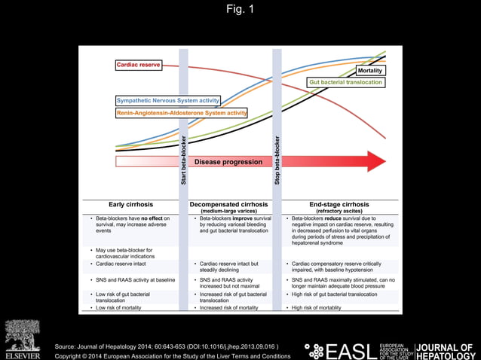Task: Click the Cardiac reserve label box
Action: tap(139, 66)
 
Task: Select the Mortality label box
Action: tap(369, 70)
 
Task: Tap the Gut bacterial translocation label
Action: tap(345, 81)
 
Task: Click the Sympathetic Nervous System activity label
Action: tap(168, 100)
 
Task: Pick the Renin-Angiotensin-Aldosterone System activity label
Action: tap(182, 112)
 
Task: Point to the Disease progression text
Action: tap(228, 161)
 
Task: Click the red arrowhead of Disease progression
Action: tap(375, 161)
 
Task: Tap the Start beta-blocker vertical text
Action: tap(183, 160)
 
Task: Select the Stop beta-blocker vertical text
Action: tap(277, 160)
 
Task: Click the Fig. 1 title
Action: tap(240, 9)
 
